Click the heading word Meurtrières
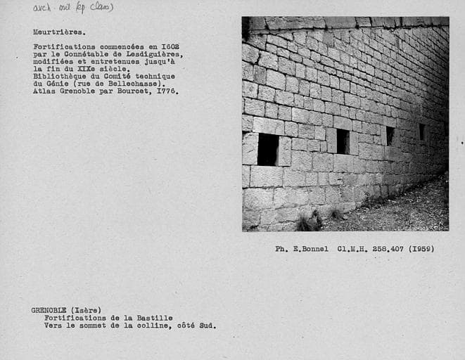click(59, 32)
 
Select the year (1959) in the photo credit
click(421, 249)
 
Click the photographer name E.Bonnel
click(310, 249)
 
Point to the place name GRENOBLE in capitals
click(49, 310)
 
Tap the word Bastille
click(155, 318)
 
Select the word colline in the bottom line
click(154, 326)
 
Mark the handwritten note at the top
click(73, 8)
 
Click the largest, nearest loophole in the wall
click(267, 149)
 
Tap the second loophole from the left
click(343, 141)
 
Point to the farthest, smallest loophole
click(422, 132)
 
